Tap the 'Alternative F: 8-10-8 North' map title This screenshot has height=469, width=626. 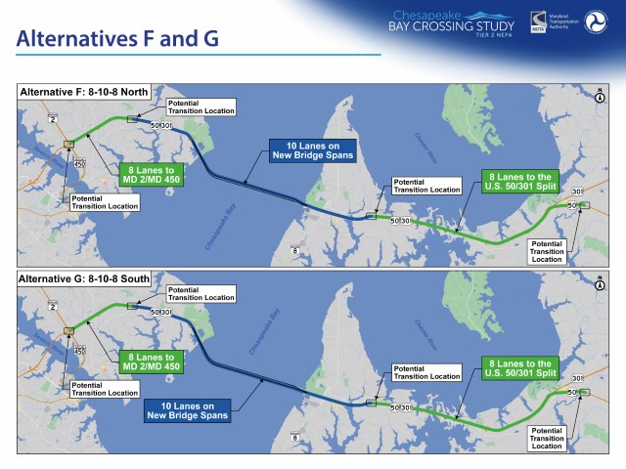[x=84, y=92]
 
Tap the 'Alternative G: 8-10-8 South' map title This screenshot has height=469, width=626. [x=84, y=278]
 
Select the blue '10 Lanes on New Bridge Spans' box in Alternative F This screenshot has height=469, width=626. [x=312, y=150]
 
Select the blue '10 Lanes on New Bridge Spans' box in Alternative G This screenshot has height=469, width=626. [x=186, y=409]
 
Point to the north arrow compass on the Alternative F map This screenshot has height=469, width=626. [x=598, y=96]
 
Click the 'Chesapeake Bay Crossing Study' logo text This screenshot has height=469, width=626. [x=452, y=22]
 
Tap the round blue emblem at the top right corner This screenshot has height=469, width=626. [x=596, y=22]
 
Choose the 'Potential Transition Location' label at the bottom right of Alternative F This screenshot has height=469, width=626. [x=547, y=251]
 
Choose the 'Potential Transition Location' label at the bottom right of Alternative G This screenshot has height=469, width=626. [x=547, y=438]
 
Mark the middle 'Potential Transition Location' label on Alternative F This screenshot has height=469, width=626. [x=425, y=186]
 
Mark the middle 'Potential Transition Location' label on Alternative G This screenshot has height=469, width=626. [x=425, y=372]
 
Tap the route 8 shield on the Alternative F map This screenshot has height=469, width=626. [x=294, y=250]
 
